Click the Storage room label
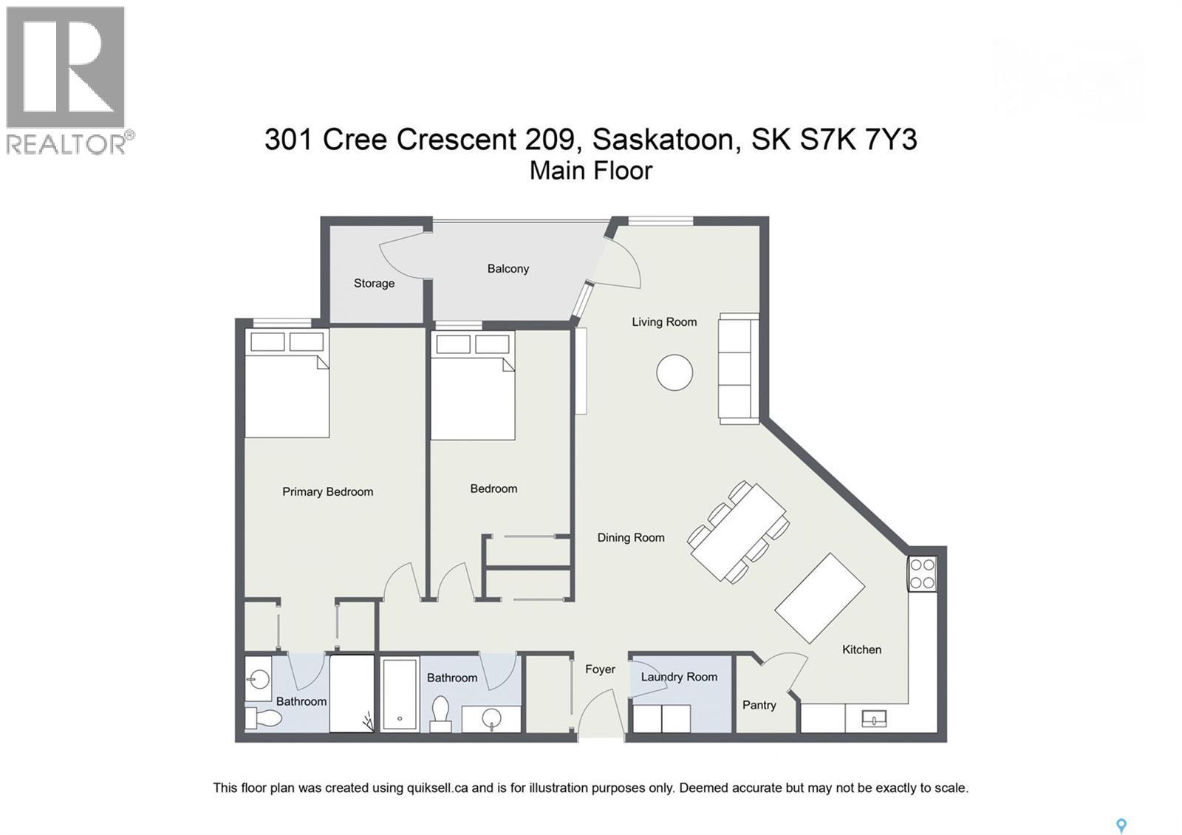(x=374, y=283)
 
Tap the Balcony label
(x=508, y=268)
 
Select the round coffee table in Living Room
(x=674, y=372)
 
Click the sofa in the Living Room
(x=739, y=368)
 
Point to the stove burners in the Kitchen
(x=923, y=574)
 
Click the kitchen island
(x=819, y=598)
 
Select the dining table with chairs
(x=738, y=532)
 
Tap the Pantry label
(x=759, y=705)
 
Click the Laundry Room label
(x=679, y=677)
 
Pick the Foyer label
(x=600, y=669)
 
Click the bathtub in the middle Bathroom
(x=400, y=694)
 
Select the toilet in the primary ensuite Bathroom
(x=264, y=718)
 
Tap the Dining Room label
(x=630, y=538)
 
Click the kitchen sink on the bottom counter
(x=873, y=718)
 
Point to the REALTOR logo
(x=67, y=80)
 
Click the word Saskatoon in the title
(x=663, y=139)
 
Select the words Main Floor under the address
(x=591, y=171)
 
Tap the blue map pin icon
(x=1121, y=825)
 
